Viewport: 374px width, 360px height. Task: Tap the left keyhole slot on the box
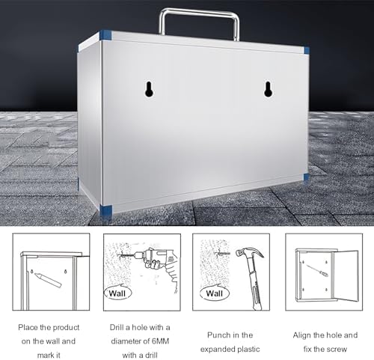149,88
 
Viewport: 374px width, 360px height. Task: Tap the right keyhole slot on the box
269,89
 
